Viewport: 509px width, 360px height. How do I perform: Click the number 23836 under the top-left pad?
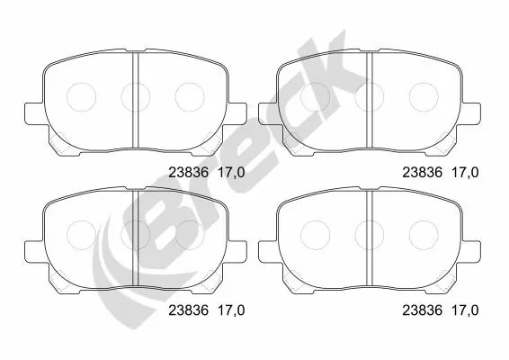click(188, 173)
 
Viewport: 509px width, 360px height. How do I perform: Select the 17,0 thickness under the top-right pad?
click(466, 173)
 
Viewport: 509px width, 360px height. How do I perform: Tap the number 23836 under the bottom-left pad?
click(188, 310)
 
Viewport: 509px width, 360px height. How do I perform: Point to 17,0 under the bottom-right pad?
click(466, 310)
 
